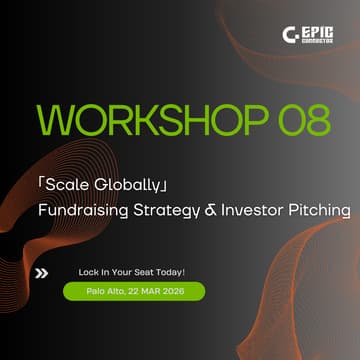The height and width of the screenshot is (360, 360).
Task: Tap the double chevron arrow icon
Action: point(42,271)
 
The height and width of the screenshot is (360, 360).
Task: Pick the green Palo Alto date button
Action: point(133,291)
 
